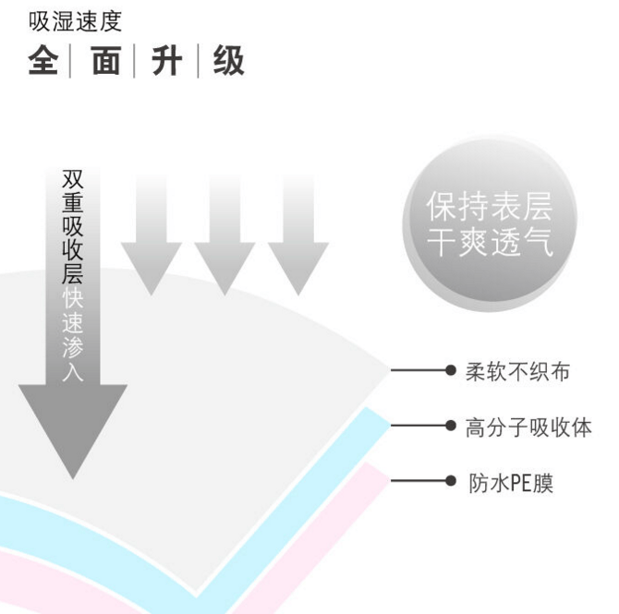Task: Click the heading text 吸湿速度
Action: point(75,21)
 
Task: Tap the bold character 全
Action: point(43,61)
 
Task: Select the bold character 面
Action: point(106,61)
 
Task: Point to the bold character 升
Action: point(166,61)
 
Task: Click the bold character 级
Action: point(229,61)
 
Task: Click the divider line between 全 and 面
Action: point(70,61)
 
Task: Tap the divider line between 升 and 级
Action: point(198,61)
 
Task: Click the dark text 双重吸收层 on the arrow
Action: point(73,227)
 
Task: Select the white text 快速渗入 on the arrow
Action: point(73,334)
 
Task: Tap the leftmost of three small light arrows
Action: point(151,235)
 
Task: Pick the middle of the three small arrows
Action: point(225,235)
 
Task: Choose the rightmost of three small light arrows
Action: point(298,235)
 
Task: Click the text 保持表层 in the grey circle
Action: point(489,207)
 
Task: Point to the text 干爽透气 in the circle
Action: point(490,242)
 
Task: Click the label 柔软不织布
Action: point(517,371)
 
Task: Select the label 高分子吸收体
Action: point(528,427)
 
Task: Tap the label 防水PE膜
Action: point(511,483)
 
